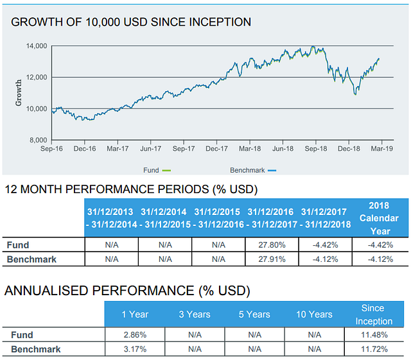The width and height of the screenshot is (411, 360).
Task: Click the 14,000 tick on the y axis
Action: [x=37, y=46]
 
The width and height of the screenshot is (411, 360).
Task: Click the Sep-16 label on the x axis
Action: [x=51, y=148]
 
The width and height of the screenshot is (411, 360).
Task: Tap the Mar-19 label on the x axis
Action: [x=381, y=148]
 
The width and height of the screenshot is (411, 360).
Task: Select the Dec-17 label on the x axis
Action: [x=216, y=148]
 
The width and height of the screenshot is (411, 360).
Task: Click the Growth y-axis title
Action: [x=18, y=93]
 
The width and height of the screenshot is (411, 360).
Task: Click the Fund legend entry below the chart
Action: [x=156, y=170]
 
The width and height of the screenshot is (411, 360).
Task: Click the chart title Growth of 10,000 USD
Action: [x=131, y=22]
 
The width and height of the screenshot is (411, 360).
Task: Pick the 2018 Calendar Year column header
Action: [x=380, y=218]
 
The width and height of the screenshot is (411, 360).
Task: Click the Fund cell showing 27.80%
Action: [x=272, y=244]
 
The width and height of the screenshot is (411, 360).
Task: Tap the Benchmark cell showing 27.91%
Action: [x=272, y=259]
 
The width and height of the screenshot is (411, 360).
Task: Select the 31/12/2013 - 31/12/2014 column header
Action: [x=112, y=218]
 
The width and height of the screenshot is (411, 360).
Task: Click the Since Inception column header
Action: [x=373, y=314]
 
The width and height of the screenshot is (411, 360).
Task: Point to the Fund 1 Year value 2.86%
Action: [x=134, y=335]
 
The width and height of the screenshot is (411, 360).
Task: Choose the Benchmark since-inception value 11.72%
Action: [x=373, y=349]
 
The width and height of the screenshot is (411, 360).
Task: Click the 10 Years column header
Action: [x=314, y=314]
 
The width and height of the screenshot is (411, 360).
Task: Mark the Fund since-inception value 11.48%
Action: [x=373, y=335]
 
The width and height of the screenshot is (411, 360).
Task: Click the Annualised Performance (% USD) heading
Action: [x=127, y=291]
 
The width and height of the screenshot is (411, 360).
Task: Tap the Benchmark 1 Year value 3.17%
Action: [x=134, y=349]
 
